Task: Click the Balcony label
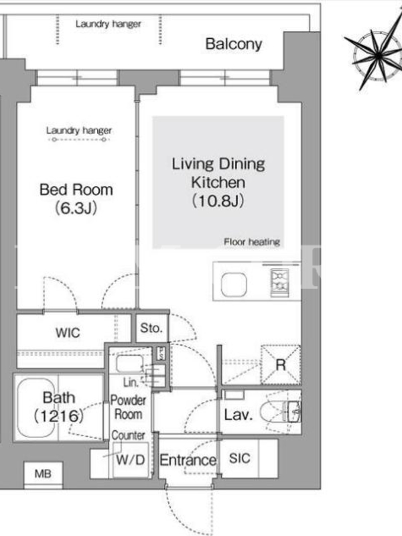234,44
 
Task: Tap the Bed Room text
76,190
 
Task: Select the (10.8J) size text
218,200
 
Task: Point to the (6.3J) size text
76,208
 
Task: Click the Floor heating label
252,242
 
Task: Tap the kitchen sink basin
234,285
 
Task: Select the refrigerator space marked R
281,365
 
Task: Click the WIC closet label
68,332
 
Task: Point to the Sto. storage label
151,328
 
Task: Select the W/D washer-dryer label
131,460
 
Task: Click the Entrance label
188,460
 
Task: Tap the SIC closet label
240,458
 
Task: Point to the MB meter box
43,474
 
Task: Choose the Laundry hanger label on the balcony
109,24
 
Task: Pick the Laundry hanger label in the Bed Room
79,131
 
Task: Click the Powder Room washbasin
129,363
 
